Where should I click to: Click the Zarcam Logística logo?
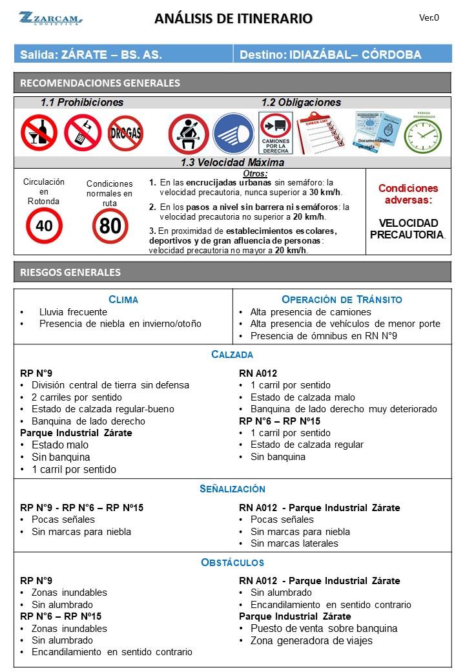pos(49,18)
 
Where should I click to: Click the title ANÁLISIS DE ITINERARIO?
pos(233,19)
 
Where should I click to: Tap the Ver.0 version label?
pos(429,18)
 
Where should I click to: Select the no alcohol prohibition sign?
pos(39,132)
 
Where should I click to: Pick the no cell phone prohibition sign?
pos(83,132)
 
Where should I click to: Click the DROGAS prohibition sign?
pos(125,133)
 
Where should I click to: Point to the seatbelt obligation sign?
pos(188,134)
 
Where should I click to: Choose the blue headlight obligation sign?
pos(232,134)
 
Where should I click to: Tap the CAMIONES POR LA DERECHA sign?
pos(276,133)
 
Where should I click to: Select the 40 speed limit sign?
pos(44,226)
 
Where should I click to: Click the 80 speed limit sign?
pos(110,226)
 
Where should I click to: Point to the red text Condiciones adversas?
pos(408,194)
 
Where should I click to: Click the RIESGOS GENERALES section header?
pos(70,272)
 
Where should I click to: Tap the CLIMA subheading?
pos(123,299)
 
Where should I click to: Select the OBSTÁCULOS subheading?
pos(232,562)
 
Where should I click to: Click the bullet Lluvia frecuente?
pos(73,311)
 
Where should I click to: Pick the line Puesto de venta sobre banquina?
pos(324,628)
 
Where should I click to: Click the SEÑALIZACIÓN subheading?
pos(232,489)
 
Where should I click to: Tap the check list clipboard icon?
pos(320,132)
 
